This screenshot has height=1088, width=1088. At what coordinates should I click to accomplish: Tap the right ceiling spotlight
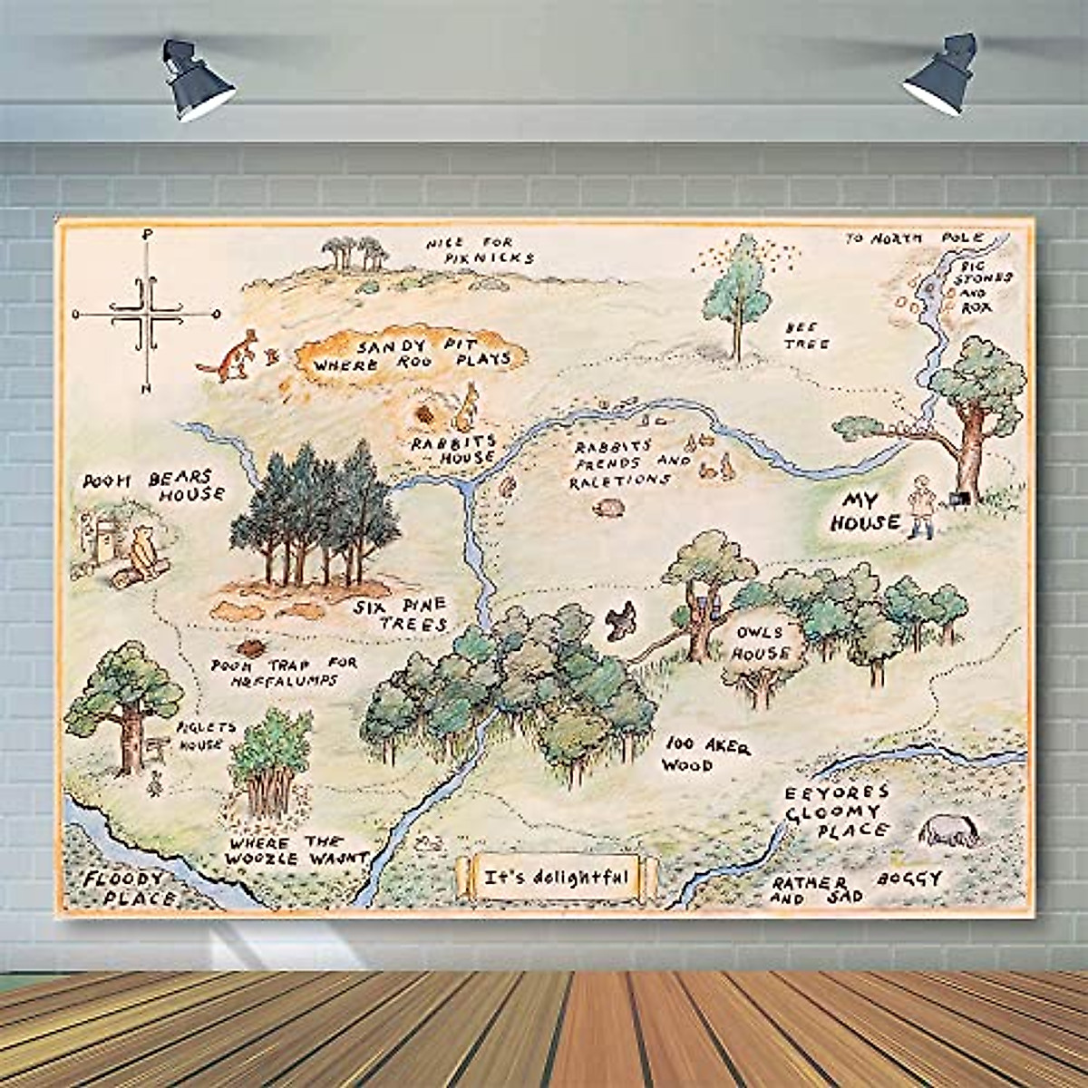click(x=937, y=76)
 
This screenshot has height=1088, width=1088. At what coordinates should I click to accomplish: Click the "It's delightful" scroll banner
click(x=555, y=877)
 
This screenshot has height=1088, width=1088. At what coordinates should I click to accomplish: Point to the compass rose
click(x=145, y=314)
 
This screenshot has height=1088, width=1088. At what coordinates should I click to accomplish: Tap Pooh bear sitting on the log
click(x=141, y=556)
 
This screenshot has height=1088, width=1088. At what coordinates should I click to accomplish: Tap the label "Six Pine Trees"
click(x=402, y=614)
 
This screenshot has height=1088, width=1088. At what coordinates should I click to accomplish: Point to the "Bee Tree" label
click(x=806, y=334)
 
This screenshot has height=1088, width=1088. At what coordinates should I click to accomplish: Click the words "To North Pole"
click(x=914, y=238)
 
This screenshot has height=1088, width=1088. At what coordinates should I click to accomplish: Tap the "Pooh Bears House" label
click(x=154, y=486)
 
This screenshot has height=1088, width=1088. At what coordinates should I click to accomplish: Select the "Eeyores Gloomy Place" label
click(x=836, y=811)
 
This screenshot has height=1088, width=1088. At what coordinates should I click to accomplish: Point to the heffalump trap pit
click(x=248, y=649)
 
